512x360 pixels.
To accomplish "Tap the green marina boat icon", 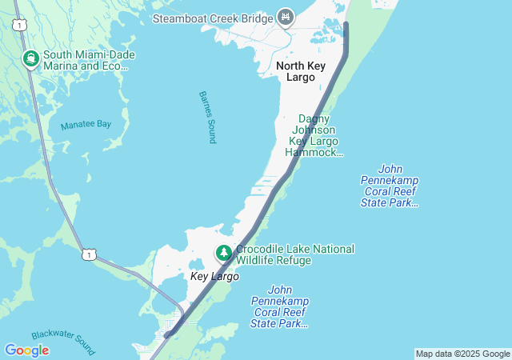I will coord(30,58).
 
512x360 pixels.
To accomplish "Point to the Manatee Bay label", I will coord(86,125).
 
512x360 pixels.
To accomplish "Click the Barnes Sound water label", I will coord(207,117).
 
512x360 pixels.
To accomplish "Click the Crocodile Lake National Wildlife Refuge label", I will coord(294,254).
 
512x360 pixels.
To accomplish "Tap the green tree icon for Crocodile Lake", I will coord(224,254).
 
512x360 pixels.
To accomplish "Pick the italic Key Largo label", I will coord(214,277).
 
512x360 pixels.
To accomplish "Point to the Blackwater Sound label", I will coord(63,343).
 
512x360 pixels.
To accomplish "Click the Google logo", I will coord(26,350).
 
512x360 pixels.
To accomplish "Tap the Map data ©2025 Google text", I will coord(462,354).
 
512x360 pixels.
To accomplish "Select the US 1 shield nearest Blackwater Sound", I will coord(88,254).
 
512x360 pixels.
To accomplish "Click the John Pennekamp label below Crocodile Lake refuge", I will coord(279,306).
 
